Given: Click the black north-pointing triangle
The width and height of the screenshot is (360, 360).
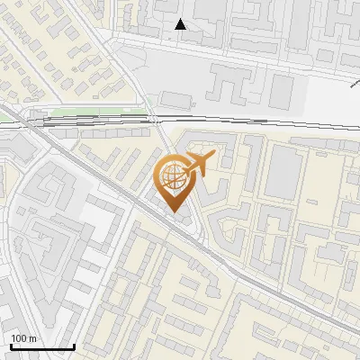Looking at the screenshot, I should pos(181,24).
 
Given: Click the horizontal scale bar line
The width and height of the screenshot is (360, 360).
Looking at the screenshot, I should pos(42,346).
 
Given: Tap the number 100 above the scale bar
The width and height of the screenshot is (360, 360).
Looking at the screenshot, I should pos(20,338).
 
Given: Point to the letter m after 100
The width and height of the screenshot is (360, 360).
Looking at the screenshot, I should pos(31,338).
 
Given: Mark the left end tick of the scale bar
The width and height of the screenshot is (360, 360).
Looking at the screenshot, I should pos(11,345).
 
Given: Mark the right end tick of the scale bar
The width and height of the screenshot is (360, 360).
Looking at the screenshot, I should pos(74,345).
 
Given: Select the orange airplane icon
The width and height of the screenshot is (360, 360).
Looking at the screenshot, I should pos(199,165).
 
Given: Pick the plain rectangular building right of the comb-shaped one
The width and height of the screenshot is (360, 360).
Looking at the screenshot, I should pos(283,89).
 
